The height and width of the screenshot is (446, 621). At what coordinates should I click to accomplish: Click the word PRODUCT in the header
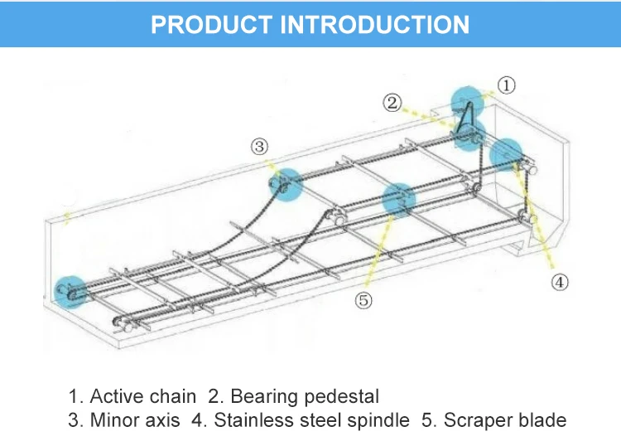[x=213, y=23]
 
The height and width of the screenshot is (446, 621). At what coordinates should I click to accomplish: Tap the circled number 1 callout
[x=507, y=84]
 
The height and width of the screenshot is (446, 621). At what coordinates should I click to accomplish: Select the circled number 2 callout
[x=392, y=103]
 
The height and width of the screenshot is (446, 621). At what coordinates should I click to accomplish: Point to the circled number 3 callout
[x=260, y=147]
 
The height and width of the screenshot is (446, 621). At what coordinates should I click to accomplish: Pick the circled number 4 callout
[x=561, y=282]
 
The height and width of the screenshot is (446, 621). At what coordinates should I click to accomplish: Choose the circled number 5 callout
[x=363, y=300]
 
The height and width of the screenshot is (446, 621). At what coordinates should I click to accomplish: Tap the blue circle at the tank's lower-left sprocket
[x=70, y=291]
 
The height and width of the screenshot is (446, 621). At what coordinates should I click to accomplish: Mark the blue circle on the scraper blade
[x=397, y=199]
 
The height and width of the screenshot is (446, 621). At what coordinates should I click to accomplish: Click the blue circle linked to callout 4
[x=506, y=154]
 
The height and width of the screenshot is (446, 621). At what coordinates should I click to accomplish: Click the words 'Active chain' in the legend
[x=143, y=396]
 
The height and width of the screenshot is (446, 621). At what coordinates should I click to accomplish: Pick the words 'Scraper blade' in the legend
[x=505, y=420]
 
